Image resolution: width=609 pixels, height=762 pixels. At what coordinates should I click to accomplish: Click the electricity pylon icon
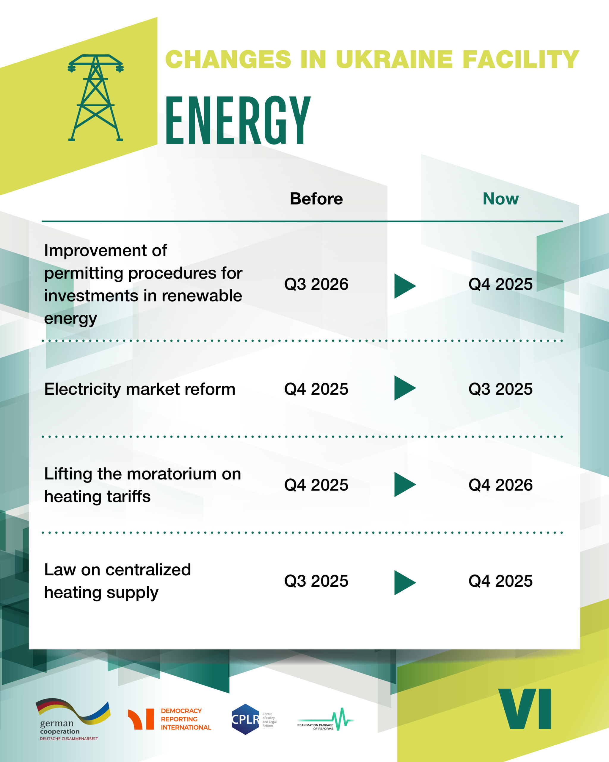point(95,98)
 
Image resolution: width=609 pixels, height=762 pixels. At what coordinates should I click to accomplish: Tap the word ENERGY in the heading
point(238,120)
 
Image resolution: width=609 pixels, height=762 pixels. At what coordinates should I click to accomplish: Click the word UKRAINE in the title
point(394,59)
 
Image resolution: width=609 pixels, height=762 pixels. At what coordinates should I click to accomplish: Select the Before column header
point(316,199)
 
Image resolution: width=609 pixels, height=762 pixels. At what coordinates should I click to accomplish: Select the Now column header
point(501,199)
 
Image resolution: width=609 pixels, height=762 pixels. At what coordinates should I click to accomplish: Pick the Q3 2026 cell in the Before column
point(316,284)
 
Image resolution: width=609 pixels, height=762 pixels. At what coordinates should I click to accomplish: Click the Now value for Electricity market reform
point(501,389)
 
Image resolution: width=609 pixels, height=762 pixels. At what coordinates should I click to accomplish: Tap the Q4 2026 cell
point(501,485)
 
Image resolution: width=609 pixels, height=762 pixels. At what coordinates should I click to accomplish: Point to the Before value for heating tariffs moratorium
point(316,485)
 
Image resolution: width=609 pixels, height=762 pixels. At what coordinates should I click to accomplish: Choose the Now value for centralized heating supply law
point(501,581)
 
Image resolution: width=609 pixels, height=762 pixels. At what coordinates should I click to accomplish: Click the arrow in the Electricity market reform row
point(405,388)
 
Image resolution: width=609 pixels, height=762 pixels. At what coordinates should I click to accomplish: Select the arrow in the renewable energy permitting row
point(405,286)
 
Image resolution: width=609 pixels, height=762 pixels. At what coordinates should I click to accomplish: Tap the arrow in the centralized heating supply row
point(405,583)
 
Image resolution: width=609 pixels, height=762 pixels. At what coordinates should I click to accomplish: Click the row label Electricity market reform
point(140,389)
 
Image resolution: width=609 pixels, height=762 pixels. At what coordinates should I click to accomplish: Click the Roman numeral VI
point(525,709)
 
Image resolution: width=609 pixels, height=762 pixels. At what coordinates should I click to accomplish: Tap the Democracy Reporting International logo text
point(186,719)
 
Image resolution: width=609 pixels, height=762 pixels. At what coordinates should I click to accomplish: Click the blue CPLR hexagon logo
point(245,719)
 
